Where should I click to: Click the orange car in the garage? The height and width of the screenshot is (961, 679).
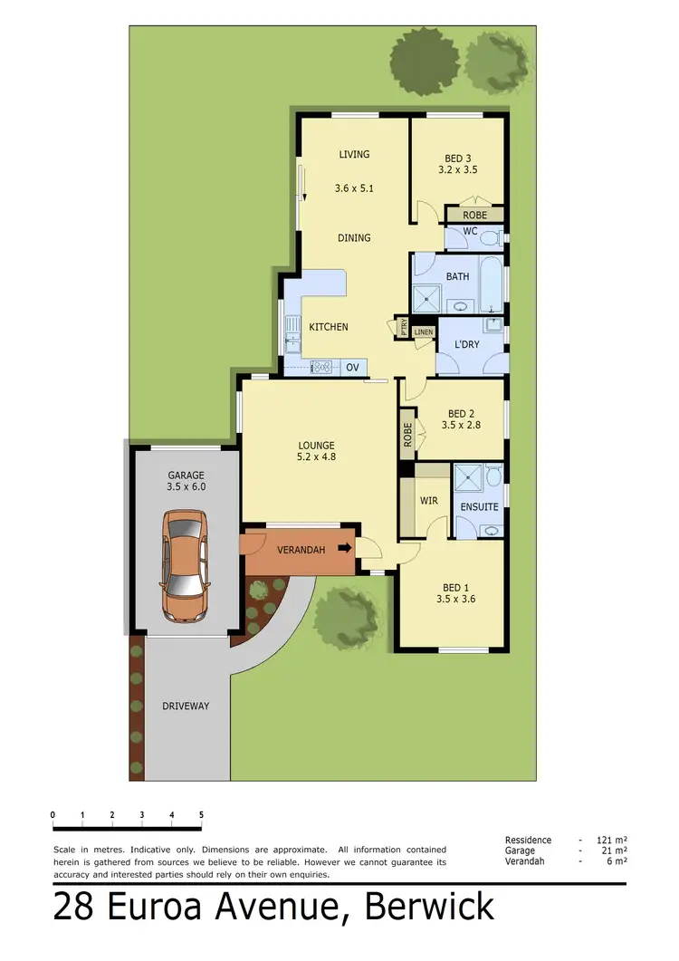coord(184,567)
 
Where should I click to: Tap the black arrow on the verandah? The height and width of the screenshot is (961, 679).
coord(344,548)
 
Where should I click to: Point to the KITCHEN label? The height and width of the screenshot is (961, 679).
coord(328,327)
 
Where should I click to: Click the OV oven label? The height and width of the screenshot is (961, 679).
coord(353,367)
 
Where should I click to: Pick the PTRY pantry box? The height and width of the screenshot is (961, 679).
coord(403,327)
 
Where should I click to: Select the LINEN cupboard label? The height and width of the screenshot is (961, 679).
coord(424,332)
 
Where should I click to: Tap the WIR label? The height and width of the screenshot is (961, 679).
coord(429,500)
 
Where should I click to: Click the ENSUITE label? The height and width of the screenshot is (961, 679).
coord(479,507)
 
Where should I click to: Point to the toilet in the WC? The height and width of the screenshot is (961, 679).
coord(490,238)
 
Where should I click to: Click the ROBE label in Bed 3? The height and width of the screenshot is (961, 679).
coord(474,216)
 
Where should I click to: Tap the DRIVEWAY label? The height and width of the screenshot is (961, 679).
coord(186,706)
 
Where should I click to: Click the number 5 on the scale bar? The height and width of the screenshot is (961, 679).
coord(201,815)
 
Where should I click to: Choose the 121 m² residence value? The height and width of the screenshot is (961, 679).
coord(613,841)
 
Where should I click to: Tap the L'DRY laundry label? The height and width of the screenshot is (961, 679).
coord(466,345)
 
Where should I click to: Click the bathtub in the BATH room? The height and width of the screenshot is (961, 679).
coord(491,283)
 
